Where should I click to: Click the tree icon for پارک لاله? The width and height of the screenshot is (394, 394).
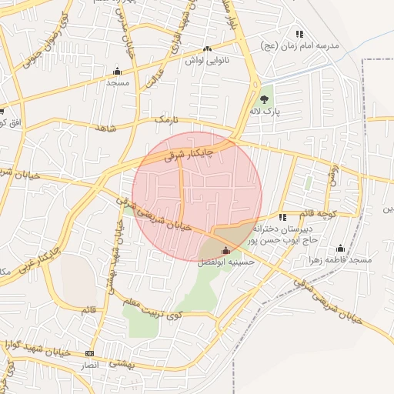coord(265,98)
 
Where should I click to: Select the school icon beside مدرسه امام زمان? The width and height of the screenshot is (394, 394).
coord(299,34)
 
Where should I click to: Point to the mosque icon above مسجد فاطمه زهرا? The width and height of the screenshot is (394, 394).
coord(340,248)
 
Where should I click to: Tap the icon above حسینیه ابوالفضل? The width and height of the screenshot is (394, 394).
coord(225,250)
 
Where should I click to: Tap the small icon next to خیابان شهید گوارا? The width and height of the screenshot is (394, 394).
coord(90,352)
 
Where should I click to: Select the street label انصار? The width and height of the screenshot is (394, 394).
coord(93,366)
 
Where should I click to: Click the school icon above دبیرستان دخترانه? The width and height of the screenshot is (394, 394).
coord(282,217)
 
